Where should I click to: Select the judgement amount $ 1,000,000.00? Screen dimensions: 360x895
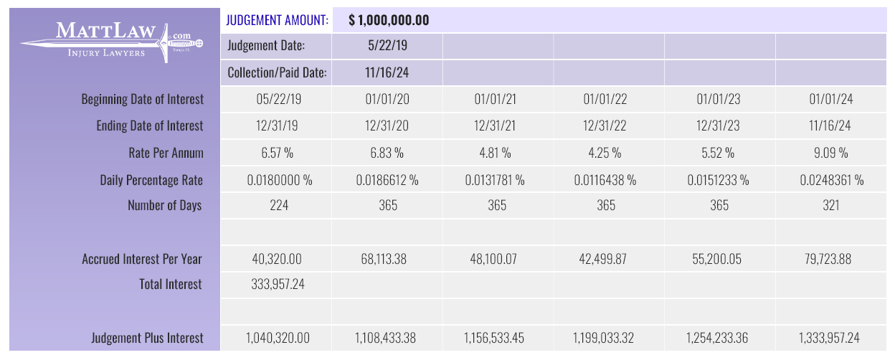(x=389, y=20)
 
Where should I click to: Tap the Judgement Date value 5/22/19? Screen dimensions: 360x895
(x=387, y=46)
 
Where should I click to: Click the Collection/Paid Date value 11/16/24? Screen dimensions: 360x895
(x=387, y=72)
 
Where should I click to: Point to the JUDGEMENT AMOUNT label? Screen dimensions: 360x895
(x=278, y=20)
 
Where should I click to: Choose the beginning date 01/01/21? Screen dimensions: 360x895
(x=497, y=99)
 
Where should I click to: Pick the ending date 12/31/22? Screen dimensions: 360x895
(x=606, y=125)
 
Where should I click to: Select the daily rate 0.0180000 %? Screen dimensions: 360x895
(x=280, y=179)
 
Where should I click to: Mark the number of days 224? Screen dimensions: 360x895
(x=278, y=205)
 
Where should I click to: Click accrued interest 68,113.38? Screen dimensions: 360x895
(x=387, y=258)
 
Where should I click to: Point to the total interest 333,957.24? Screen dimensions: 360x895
(x=278, y=285)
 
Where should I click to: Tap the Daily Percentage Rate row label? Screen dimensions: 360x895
(x=152, y=179)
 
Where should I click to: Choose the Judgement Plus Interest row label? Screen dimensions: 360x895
(x=148, y=338)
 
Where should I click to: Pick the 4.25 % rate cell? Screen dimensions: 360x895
(x=606, y=152)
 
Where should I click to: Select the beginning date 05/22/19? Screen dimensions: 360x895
(x=278, y=99)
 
